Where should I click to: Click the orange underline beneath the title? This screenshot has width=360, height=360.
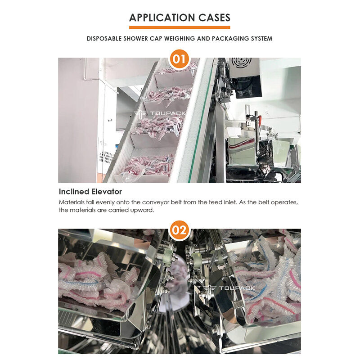(180, 27)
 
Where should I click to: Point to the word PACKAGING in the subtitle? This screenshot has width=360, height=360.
(222, 39)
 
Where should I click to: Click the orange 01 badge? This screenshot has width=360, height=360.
(180, 59)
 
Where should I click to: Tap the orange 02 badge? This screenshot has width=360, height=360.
(180, 230)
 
